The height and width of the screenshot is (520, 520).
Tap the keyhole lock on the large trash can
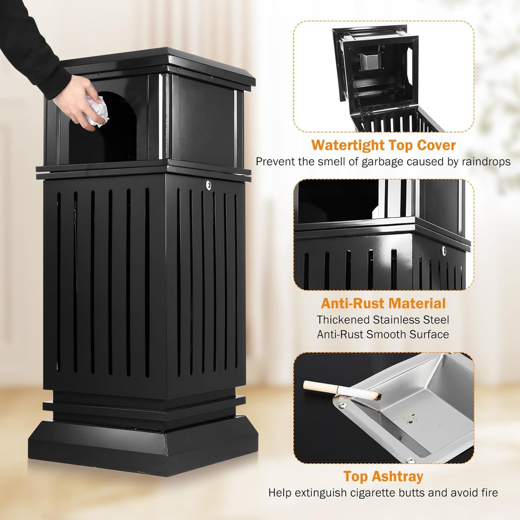(208, 185)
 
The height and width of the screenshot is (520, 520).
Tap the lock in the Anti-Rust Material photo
(444, 250)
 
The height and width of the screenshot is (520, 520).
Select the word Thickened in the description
(343, 320)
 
